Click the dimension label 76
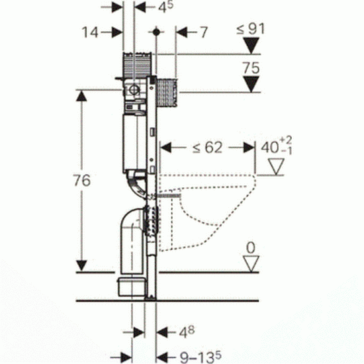click(82, 181)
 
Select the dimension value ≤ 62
click(207, 148)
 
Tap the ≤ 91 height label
click(250, 29)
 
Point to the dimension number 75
click(251, 68)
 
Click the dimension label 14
click(90, 32)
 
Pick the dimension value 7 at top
click(204, 32)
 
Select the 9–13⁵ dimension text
click(201, 357)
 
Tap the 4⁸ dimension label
click(187, 332)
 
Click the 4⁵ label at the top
click(165, 7)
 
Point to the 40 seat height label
click(276, 147)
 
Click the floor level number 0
click(251, 248)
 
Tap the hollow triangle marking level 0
click(251, 263)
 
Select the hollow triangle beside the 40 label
click(276, 166)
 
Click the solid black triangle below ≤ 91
click(251, 46)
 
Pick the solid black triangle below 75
click(251, 84)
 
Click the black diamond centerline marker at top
click(156, 32)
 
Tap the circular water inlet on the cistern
click(134, 89)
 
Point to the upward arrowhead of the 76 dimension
click(81, 96)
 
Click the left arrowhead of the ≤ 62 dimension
click(165, 148)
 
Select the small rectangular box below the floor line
click(132, 287)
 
